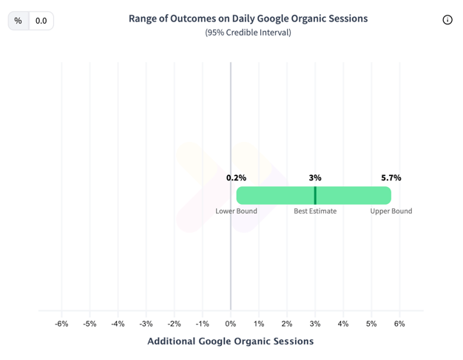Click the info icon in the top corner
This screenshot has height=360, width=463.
point(447,20)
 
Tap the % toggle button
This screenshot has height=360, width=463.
point(18,21)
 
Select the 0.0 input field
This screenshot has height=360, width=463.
point(41,21)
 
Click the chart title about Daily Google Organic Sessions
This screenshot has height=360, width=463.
point(248,18)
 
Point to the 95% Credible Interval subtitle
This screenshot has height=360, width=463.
point(248,33)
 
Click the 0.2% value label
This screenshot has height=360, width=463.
point(237,177)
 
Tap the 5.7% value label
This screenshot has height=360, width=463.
point(391,177)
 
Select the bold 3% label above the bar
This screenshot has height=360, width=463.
point(315,177)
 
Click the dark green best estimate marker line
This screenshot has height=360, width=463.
point(315,195)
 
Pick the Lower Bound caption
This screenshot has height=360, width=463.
point(237,211)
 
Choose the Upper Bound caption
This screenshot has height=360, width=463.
point(391,211)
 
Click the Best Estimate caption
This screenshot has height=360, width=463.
point(315,211)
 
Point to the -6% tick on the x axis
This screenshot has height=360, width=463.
point(61,324)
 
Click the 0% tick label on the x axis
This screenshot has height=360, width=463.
point(231,324)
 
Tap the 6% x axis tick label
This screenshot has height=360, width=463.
point(399,324)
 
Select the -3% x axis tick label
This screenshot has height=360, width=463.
point(146,324)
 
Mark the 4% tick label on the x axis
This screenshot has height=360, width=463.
point(343,324)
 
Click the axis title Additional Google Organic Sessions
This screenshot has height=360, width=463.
point(231,342)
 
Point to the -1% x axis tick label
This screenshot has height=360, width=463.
point(203,324)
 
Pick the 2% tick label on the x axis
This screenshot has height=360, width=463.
point(287,324)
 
